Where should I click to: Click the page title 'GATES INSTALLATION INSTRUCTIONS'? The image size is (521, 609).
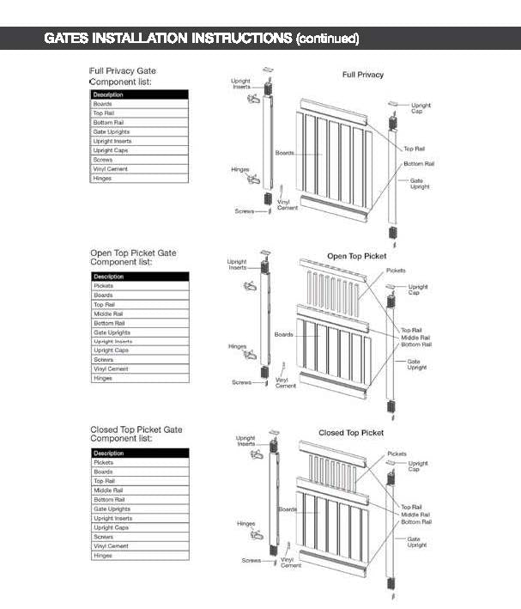coord(168,39)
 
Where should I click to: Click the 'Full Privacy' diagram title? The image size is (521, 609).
coord(363,75)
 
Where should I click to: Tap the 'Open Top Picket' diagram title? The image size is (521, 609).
coord(356,256)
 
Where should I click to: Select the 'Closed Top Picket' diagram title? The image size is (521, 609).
coord(351,433)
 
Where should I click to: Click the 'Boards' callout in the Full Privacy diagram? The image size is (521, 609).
coord(283,153)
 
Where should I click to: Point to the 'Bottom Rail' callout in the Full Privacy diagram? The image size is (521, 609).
coord(419,163)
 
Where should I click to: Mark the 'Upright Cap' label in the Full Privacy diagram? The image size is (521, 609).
coord(421,108)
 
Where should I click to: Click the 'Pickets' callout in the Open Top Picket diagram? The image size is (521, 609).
coord(396,271)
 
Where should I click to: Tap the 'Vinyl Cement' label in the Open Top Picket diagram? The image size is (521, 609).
coord(286,382)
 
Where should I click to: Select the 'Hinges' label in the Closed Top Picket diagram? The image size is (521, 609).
coord(245,523)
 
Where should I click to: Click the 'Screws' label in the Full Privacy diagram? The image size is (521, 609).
coord(245,210)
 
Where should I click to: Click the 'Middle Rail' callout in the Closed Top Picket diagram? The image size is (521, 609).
coord(415,515)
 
